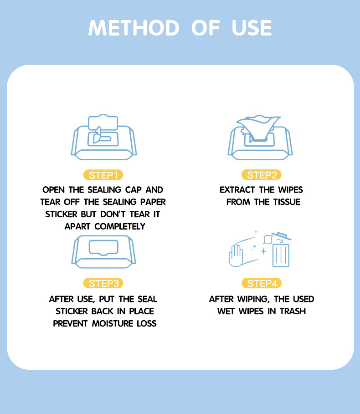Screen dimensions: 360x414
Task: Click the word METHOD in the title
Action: (134, 28)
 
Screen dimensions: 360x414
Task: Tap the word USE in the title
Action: (252, 28)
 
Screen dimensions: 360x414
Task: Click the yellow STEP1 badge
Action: (103, 175)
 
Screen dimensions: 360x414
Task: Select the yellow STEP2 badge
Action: (262, 175)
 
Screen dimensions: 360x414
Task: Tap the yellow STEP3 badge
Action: (103, 283)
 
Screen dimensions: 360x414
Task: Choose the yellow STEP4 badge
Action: (262, 283)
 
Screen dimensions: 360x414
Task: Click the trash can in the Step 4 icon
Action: (281, 256)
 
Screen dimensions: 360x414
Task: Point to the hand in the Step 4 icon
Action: (236, 256)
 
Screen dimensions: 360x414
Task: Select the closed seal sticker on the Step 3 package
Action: (103, 247)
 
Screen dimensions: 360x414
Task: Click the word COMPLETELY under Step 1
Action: (120, 226)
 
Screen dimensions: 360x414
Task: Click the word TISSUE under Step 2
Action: (287, 202)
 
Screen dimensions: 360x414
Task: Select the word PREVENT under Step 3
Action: (70, 323)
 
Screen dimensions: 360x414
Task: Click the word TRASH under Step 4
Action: (293, 311)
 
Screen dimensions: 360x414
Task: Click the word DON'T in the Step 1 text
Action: (113, 214)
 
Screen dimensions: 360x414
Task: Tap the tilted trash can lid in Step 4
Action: (282, 236)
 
